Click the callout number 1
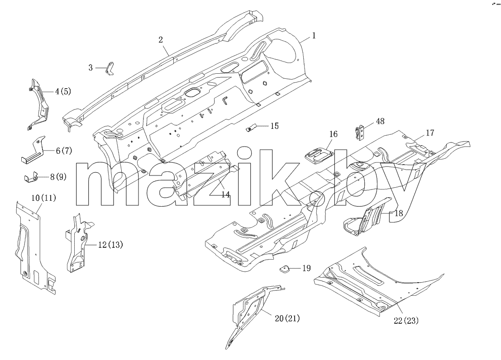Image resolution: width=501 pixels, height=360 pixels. tap(314, 35)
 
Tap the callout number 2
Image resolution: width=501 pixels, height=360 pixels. tap(161, 40)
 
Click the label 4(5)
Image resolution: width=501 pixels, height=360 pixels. tap(63, 91)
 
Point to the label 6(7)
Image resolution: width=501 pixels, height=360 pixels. tap(64, 151)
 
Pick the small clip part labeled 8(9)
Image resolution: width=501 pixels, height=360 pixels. tap(31, 177)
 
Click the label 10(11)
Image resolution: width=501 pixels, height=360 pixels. tap(44, 198)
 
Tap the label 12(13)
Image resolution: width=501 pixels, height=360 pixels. tap(110, 245)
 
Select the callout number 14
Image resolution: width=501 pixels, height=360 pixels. tap(225, 194)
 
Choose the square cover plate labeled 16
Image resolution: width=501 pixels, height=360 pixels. tap(316, 155)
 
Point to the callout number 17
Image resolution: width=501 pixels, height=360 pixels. tap(430, 133)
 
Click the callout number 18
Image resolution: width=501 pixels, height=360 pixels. tap(399, 213)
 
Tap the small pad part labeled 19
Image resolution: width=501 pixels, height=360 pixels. tap(284, 268)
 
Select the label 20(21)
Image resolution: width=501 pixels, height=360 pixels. tap(287, 318)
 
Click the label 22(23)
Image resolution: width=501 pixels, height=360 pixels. tap(406, 321)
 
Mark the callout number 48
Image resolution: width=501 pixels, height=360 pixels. tap(380, 121)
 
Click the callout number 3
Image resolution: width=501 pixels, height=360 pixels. tap(91, 68)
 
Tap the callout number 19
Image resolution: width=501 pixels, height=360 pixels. tap(306, 268)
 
